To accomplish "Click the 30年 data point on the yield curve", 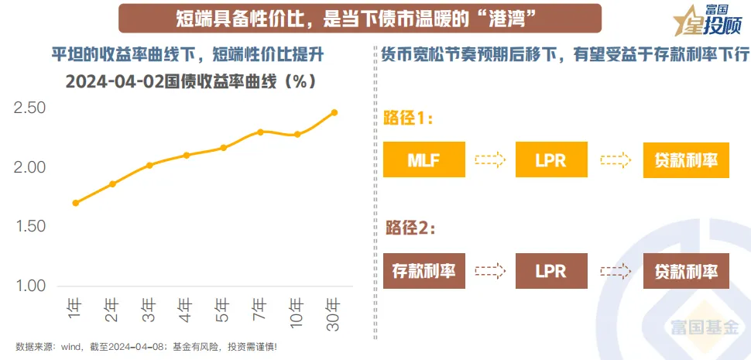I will click(334, 112).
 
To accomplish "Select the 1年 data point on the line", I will click(75, 203).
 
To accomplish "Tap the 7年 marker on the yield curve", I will click(260, 132).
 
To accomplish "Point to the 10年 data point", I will click(297, 134).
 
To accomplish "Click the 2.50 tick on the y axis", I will click(30, 108).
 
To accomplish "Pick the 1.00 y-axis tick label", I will click(30, 286).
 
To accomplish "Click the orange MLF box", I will click(424, 160).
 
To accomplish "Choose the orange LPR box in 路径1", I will click(550, 160).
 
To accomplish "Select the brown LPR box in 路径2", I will click(550, 271).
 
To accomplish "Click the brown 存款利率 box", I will click(424, 271).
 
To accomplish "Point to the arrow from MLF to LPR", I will click(489, 160).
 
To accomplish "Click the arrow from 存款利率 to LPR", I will click(489, 271).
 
